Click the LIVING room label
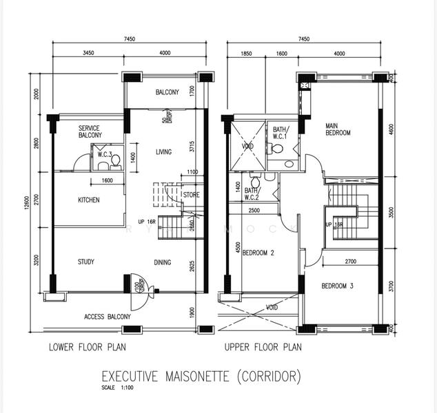tap(163, 152)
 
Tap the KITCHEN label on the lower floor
tap(89, 200)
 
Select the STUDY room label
tap(86, 262)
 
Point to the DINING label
tap(163, 262)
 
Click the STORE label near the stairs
tap(191, 195)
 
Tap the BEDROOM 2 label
tap(258, 253)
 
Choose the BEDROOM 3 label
tap(337, 286)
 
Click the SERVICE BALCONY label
tap(90, 131)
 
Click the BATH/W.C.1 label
tap(281, 133)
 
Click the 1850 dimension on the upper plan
tap(246, 53)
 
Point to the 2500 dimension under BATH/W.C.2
tap(254, 210)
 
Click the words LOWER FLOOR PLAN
tap(88, 347)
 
